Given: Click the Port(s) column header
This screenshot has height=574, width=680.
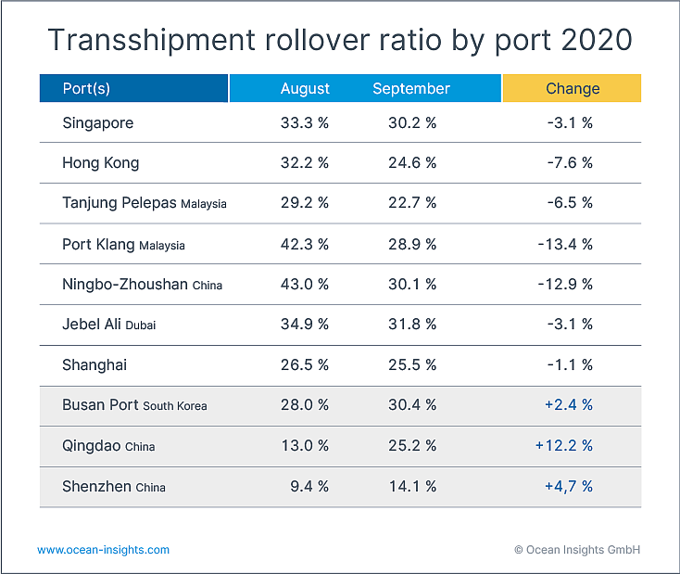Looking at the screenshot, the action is click(x=86, y=89).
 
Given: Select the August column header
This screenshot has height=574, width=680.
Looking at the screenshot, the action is click(x=305, y=89).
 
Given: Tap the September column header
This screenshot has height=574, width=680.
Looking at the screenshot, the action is click(x=411, y=89).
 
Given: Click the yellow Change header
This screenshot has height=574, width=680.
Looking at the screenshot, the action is click(x=573, y=89).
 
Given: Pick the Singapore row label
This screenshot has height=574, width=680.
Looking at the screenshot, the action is click(x=98, y=123).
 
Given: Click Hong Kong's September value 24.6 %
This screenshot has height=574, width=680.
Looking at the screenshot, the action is click(x=412, y=163).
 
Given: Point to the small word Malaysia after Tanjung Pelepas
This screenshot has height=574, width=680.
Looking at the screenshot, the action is click(x=204, y=204).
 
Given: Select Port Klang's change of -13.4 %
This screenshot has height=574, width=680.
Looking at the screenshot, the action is click(x=565, y=244).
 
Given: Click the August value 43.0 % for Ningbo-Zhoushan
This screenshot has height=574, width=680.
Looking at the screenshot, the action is click(x=305, y=284).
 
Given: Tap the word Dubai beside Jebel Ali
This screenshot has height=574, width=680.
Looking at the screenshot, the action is click(x=141, y=325).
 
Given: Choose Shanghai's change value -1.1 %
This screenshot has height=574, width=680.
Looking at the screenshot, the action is click(x=570, y=364).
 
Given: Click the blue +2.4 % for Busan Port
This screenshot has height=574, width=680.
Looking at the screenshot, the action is click(x=569, y=404).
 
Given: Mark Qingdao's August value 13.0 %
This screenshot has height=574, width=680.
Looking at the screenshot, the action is click(x=305, y=445).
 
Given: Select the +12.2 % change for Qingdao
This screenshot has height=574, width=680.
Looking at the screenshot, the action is click(x=564, y=445).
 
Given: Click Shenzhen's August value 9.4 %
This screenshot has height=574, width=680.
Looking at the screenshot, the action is click(x=309, y=486).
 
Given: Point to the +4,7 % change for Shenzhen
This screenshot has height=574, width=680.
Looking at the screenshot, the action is click(x=569, y=486).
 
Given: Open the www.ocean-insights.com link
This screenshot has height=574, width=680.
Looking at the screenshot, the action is click(x=103, y=550).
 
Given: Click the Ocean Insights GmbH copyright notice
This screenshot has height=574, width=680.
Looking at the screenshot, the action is click(x=577, y=550).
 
